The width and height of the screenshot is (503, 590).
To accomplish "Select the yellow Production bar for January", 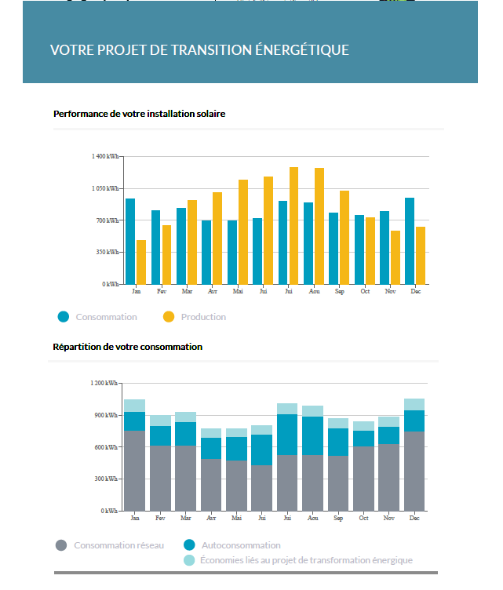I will click(x=141, y=262).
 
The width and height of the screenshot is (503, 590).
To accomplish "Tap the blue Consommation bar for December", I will click(x=409, y=241).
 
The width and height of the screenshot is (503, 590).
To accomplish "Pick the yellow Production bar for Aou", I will click(x=319, y=226).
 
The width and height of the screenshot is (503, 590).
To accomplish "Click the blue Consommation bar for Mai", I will click(x=232, y=252).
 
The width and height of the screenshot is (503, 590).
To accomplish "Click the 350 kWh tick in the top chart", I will click(x=108, y=252).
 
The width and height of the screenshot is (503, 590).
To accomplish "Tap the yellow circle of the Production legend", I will click(x=169, y=317).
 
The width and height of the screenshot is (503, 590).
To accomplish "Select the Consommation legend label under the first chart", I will click(x=106, y=317).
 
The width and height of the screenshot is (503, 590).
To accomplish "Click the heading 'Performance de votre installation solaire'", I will click(x=139, y=114).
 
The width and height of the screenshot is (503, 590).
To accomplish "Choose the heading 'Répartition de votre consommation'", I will click(x=127, y=346).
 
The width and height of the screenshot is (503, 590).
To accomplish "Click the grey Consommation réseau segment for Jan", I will click(x=134, y=471).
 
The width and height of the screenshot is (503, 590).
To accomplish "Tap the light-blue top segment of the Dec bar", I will click(x=414, y=404).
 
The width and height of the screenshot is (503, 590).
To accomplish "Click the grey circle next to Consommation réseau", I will click(x=60, y=544).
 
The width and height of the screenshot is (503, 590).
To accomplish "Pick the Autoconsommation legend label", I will click(x=241, y=544).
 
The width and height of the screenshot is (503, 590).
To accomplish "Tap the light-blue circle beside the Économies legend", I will click(x=189, y=560).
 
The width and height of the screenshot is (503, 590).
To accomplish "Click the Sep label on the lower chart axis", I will click(x=338, y=518).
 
